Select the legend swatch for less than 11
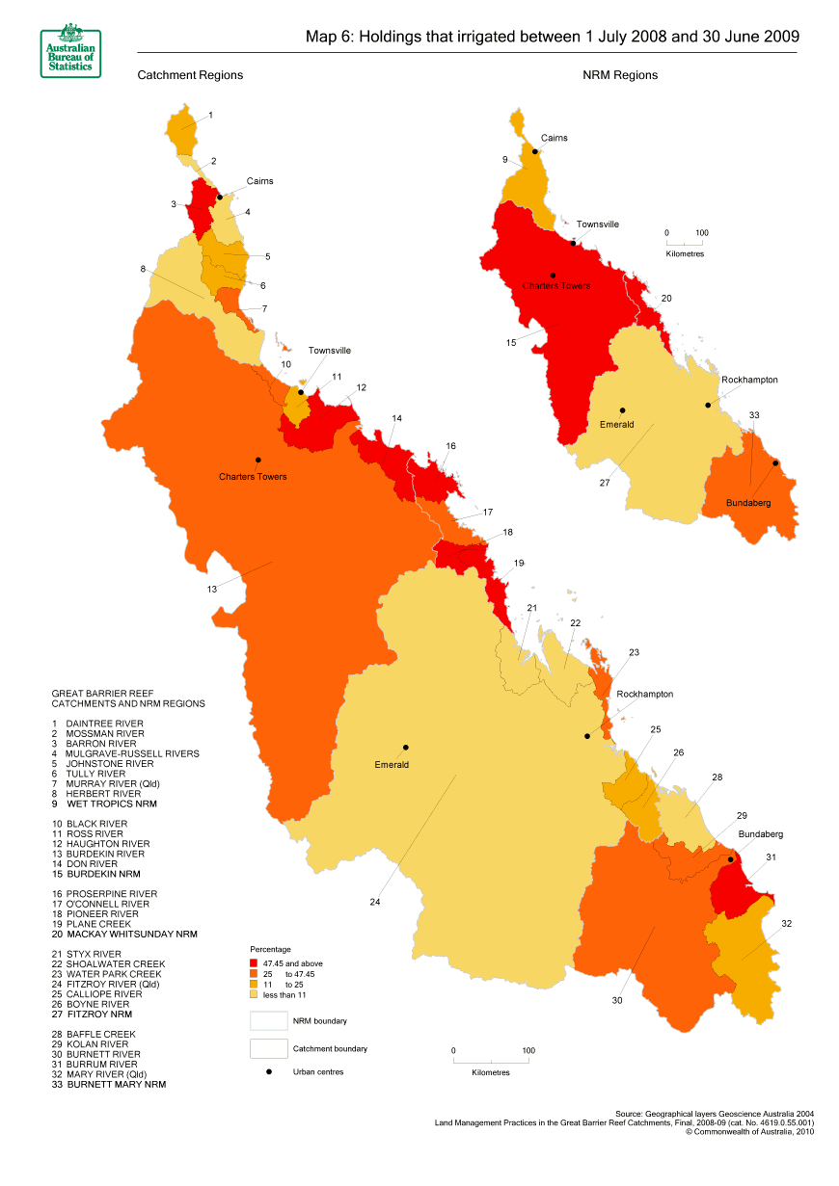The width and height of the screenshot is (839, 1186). (x=256, y=994)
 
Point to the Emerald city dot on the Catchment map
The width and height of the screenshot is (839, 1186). (x=406, y=748)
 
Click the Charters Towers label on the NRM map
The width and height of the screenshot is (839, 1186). (x=555, y=286)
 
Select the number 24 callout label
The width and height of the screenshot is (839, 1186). (x=375, y=903)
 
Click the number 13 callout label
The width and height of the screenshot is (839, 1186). (x=211, y=589)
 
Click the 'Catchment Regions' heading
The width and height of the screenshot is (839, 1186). (x=190, y=75)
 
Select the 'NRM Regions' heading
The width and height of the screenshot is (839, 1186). (x=620, y=75)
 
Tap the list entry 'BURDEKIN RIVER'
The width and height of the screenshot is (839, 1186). (x=106, y=854)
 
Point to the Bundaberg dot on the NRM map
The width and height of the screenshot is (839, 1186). (x=775, y=463)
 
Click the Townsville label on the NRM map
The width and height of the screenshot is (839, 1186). (x=598, y=224)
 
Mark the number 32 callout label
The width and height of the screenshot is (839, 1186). (x=786, y=924)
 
